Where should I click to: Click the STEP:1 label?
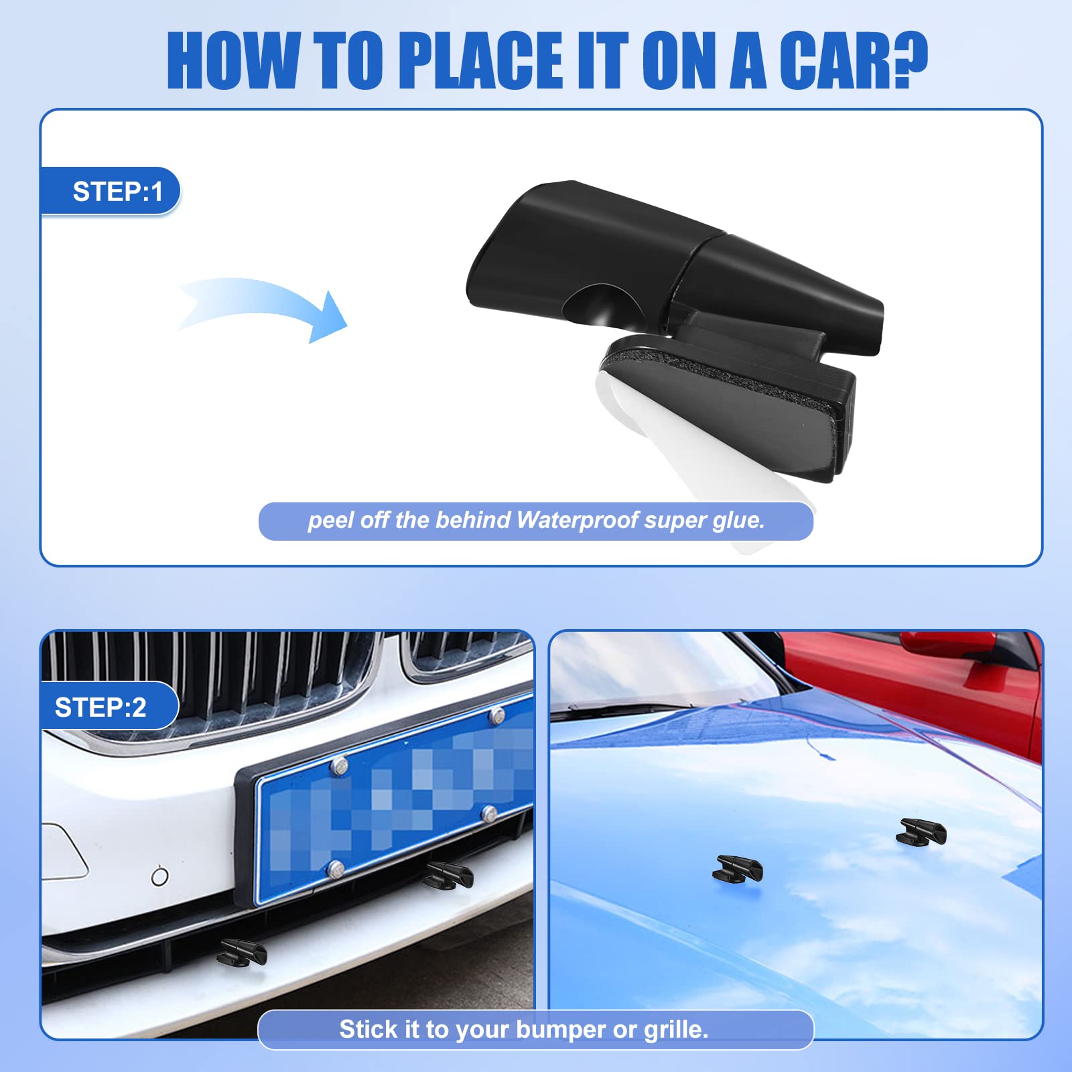pyautogui.click(x=118, y=192)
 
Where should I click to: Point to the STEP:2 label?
pyautogui.click(x=100, y=708)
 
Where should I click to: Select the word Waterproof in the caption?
pyautogui.click(x=578, y=520)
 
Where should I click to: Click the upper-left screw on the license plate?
pyautogui.click(x=340, y=765)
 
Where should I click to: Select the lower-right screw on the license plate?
pyautogui.click(x=490, y=814)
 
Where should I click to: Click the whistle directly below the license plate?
pyautogui.click(x=449, y=874)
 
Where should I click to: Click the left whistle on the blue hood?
pyautogui.click(x=738, y=868)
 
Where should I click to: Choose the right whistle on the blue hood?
pyautogui.click(x=921, y=831)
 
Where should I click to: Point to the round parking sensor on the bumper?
pyautogui.click(x=159, y=876)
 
